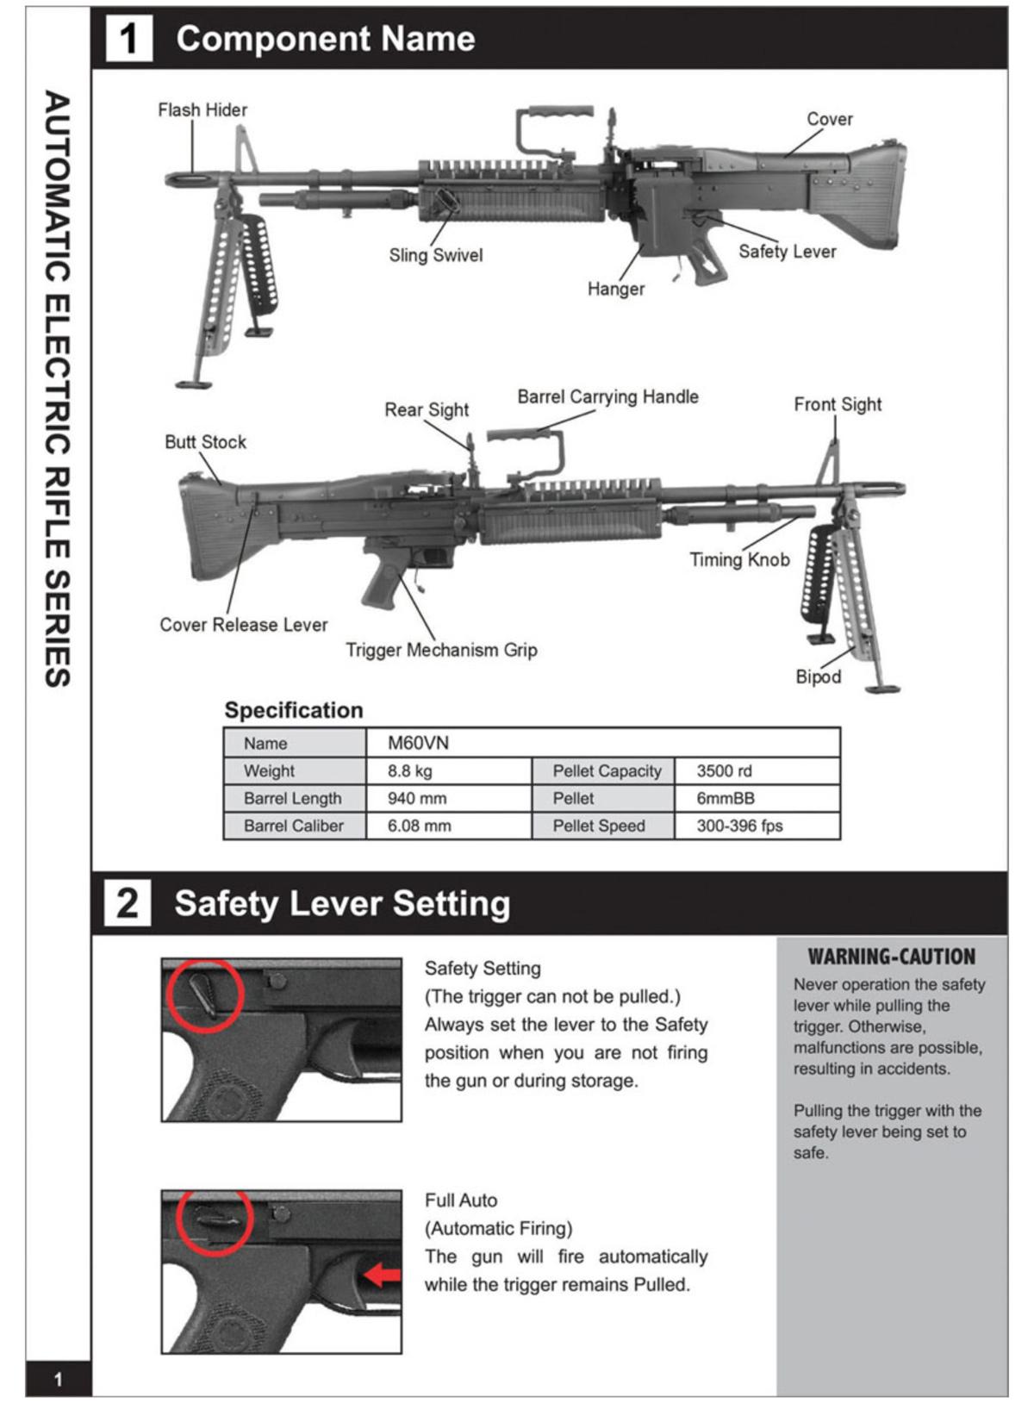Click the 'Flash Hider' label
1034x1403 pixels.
[202, 110]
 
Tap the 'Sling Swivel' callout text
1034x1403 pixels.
[435, 255]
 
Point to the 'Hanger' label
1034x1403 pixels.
[615, 289]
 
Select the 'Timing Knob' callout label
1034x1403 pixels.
[739, 560]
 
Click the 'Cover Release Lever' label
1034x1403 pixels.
[244, 625]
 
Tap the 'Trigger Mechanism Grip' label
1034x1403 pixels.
[441, 650]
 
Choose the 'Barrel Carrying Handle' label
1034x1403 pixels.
[607, 397]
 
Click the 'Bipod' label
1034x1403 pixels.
[818, 677]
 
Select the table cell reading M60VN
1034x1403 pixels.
[419, 743]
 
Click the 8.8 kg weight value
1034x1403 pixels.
[410, 770]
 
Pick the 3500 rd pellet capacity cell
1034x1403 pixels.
[724, 770]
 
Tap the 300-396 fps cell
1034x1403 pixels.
[739, 826]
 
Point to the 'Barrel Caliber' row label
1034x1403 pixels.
[293, 826]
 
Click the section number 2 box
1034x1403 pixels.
[128, 903]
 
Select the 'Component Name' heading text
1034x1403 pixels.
[326, 39]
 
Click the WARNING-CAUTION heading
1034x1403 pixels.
[891, 957]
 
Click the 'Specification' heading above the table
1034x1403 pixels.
[294, 710]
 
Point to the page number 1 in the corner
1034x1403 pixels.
[58, 1379]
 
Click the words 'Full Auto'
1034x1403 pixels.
[461, 1200]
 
